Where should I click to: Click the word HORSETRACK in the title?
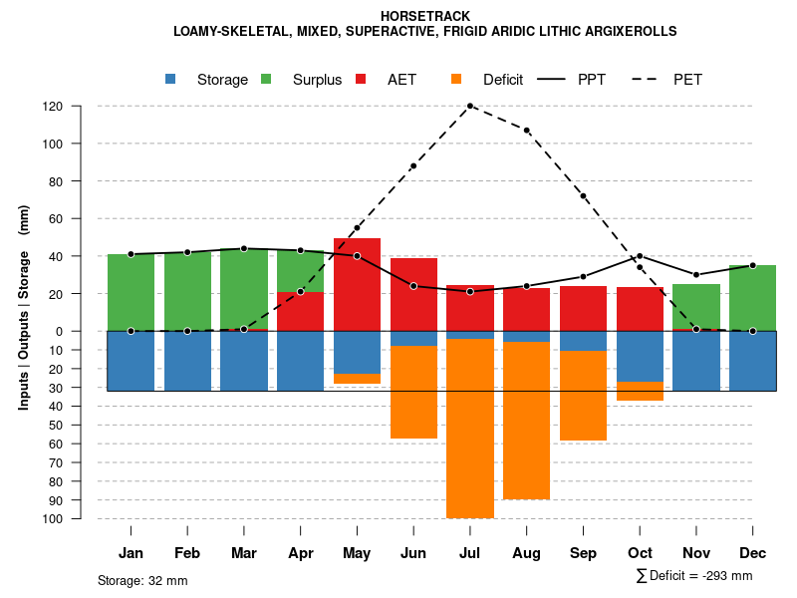click(425, 16)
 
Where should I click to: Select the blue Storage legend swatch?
click(171, 80)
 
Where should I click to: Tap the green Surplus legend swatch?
click(266, 80)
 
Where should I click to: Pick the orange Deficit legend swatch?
click(456, 80)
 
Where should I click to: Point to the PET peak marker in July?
click(470, 106)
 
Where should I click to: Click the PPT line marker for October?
click(640, 256)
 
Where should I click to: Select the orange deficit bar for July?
click(470, 429)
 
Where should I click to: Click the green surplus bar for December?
click(753, 298)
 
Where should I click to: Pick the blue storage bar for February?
click(187, 361)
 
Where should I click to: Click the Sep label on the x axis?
click(584, 553)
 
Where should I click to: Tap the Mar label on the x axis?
click(244, 553)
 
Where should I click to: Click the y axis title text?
click(24, 307)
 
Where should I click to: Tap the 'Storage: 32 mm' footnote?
click(142, 580)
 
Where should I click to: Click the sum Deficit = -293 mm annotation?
click(694, 576)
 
